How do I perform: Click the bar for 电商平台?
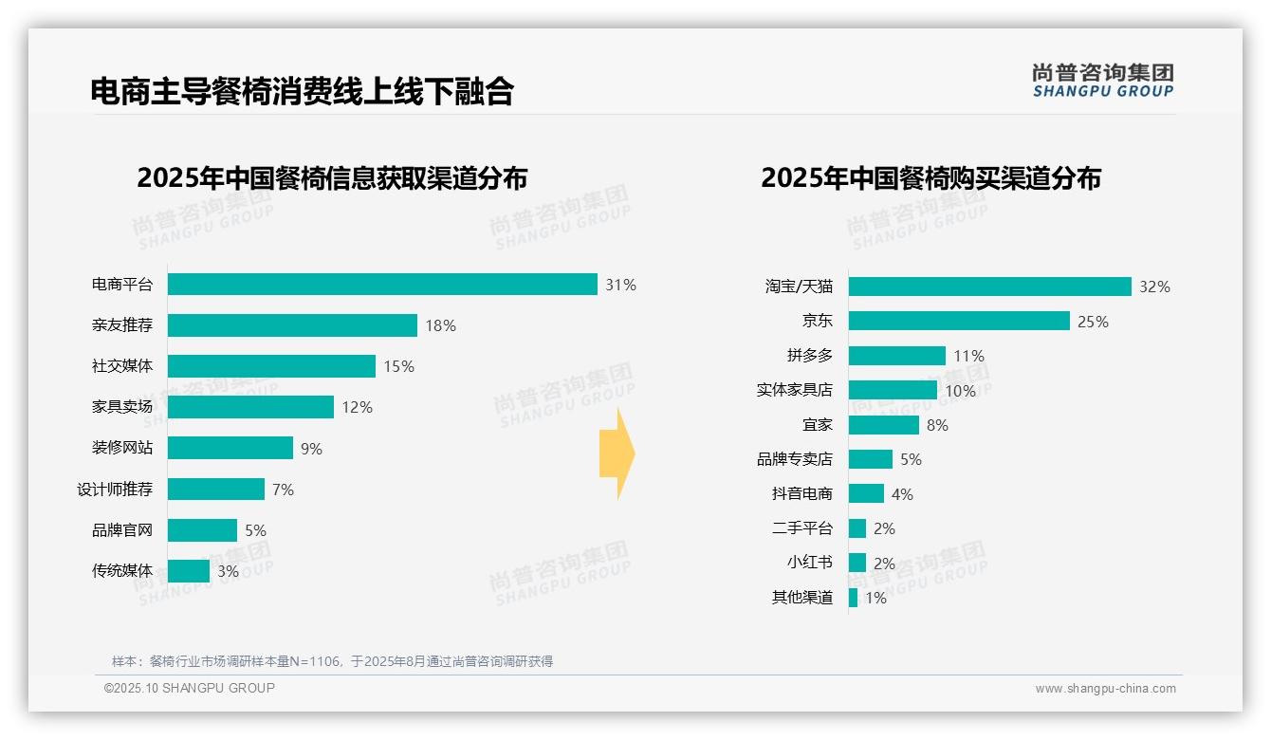(382, 285)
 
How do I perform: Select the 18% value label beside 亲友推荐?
(440, 325)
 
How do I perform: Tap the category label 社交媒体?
(121, 366)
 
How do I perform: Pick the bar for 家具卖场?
(250, 407)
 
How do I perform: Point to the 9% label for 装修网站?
(311, 449)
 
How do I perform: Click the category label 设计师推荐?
(114, 490)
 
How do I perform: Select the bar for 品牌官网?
(202, 530)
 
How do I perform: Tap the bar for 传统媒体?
(189, 571)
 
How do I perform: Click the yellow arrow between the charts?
(617, 453)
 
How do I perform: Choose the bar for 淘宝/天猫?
(989, 287)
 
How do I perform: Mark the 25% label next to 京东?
(1093, 322)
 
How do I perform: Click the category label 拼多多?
(809, 356)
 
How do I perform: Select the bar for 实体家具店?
(893, 390)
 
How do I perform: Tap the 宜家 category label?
(817, 424)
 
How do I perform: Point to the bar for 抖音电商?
(866, 493)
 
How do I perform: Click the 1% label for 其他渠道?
(875, 598)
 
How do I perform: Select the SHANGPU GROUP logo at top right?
(1102, 81)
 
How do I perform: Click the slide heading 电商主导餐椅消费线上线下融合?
(302, 91)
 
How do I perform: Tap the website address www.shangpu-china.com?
(1105, 689)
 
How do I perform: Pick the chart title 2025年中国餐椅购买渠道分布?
(930, 178)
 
